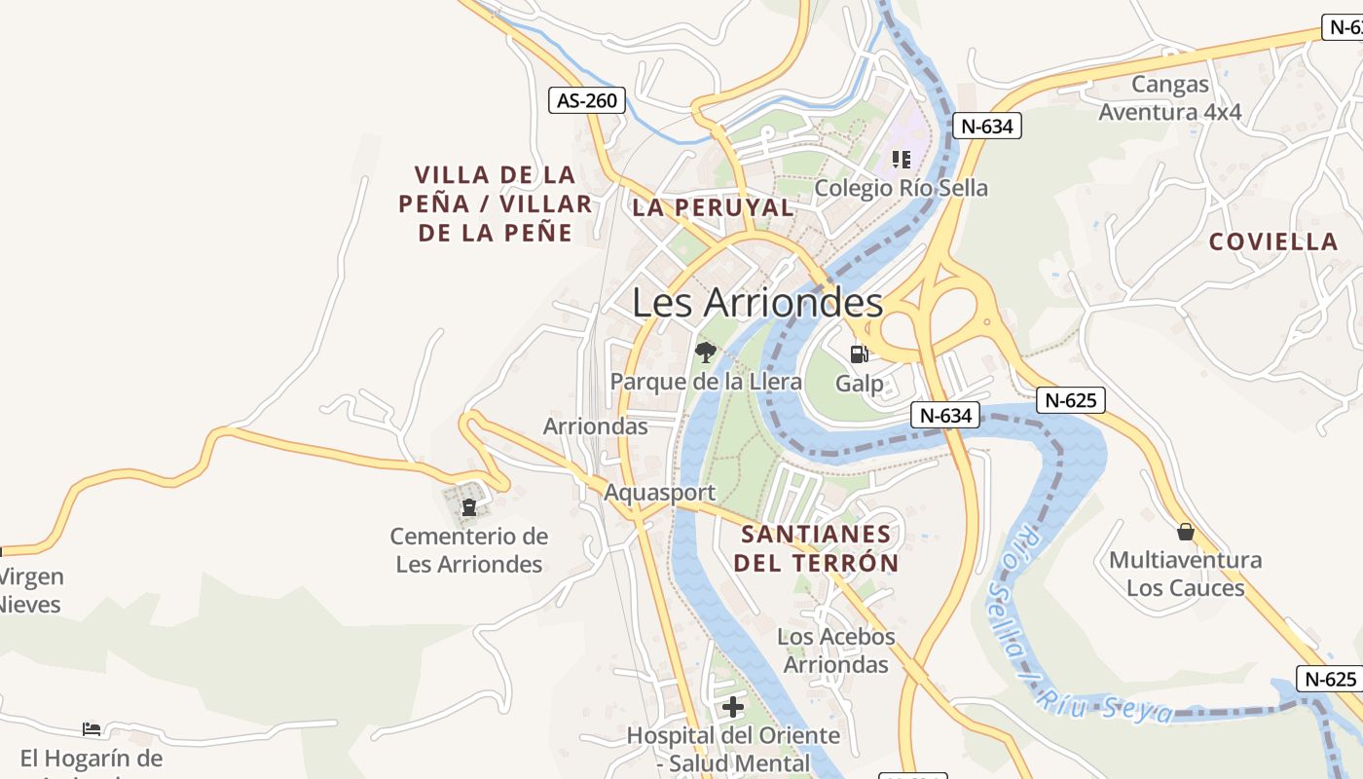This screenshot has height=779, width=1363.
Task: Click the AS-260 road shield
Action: (x=587, y=100)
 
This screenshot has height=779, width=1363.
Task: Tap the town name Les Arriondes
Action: (x=757, y=303)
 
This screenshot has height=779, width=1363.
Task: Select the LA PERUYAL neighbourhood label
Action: (x=713, y=207)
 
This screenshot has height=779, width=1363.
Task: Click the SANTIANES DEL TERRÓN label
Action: (x=816, y=548)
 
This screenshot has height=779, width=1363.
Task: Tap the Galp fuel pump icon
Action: (x=859, y=353)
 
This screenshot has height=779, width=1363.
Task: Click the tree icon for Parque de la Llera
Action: (x=705, y=352)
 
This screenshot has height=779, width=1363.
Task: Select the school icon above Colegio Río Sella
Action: (x=901, y=159)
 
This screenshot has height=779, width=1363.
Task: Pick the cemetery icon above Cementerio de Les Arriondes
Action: (x=469, y=506)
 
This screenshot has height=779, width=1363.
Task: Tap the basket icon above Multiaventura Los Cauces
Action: (x=1185, y=532)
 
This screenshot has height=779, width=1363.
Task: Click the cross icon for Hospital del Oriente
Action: (x=733, y=706)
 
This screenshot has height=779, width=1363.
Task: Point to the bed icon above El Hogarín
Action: (x=92, y=728)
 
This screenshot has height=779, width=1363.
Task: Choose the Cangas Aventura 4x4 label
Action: (x=1170, y=98)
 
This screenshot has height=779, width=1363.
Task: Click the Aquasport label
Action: (x=659, y=493)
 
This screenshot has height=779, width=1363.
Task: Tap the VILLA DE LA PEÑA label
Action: (x=495, y=204)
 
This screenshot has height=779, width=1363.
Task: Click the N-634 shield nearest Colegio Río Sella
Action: (x=986, y=126)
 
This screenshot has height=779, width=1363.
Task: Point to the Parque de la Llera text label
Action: (x=706, y=382)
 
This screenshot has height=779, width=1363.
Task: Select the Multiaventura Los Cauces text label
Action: (x=1185, y=574)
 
